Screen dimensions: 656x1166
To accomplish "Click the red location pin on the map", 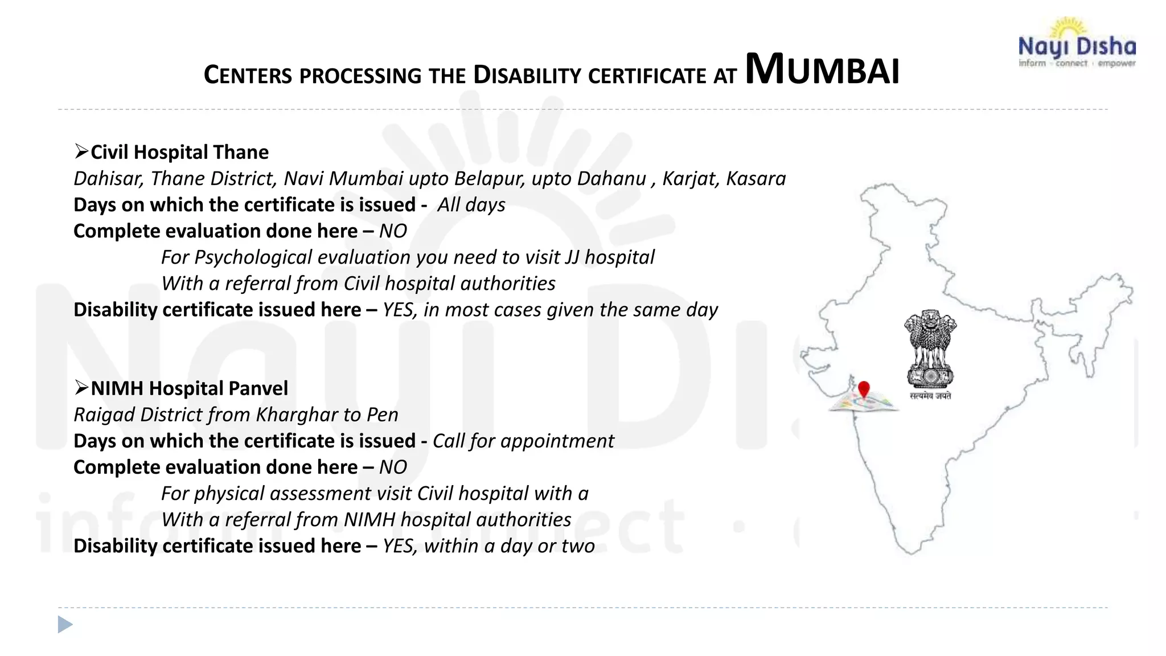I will point(864,390).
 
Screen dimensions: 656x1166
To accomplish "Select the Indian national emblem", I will point(930,350).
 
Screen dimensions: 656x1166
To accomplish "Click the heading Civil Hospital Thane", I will point(179,153).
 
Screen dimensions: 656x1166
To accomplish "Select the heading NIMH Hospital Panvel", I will point(189,388).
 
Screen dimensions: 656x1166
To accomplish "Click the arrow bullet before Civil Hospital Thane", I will point(81,151).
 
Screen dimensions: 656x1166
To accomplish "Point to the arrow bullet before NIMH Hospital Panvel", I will point(81,388).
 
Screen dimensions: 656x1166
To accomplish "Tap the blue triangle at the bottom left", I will point(65,625).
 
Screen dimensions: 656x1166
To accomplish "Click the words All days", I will point(471,205).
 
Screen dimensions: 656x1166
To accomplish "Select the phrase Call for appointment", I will point(523,441).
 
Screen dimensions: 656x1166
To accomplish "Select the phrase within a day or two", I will point(510,546).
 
